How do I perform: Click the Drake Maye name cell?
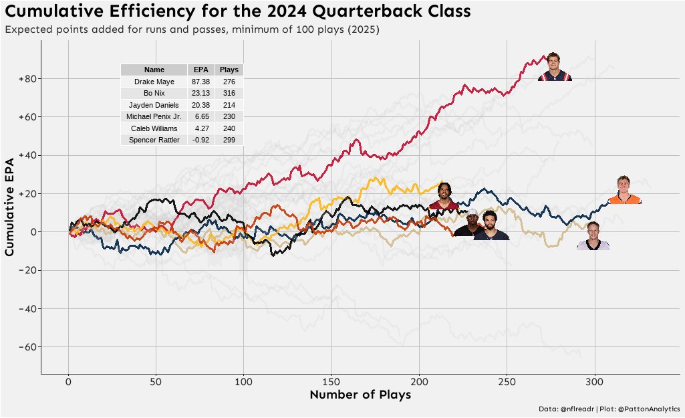pos(154,82)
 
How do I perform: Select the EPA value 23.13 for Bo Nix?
pos(200,93)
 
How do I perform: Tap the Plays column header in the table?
pos(229,70)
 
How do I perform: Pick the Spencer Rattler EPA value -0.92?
pos(200,140)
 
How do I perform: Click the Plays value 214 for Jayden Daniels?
pos(229,105)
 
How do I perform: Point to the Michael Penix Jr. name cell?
pos(154,116)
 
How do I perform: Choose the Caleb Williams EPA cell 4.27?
pos(200,128)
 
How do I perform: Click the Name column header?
pos(154,70)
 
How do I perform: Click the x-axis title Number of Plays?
pos(360,395)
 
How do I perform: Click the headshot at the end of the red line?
pos(554,67)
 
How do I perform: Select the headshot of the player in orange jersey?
pos(624,190)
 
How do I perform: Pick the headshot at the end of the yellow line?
pos(444,196)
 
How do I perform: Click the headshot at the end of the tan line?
pos(593,236)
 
